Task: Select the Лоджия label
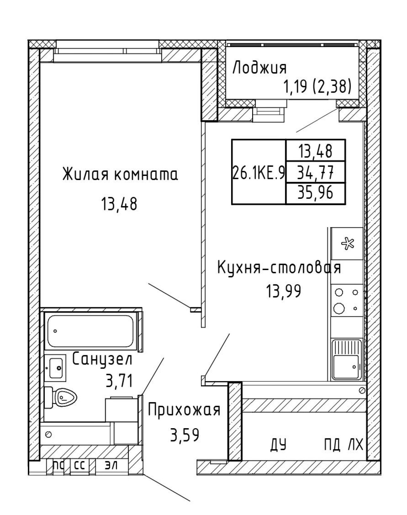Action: [259, 68]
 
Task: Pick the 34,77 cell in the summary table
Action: [315, 172]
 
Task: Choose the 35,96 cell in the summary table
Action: [315, 193]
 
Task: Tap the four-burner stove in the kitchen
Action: [347, 300]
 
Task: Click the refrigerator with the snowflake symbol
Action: [347, 244]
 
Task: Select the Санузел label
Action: [102, 360]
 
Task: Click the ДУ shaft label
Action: [279, 444]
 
